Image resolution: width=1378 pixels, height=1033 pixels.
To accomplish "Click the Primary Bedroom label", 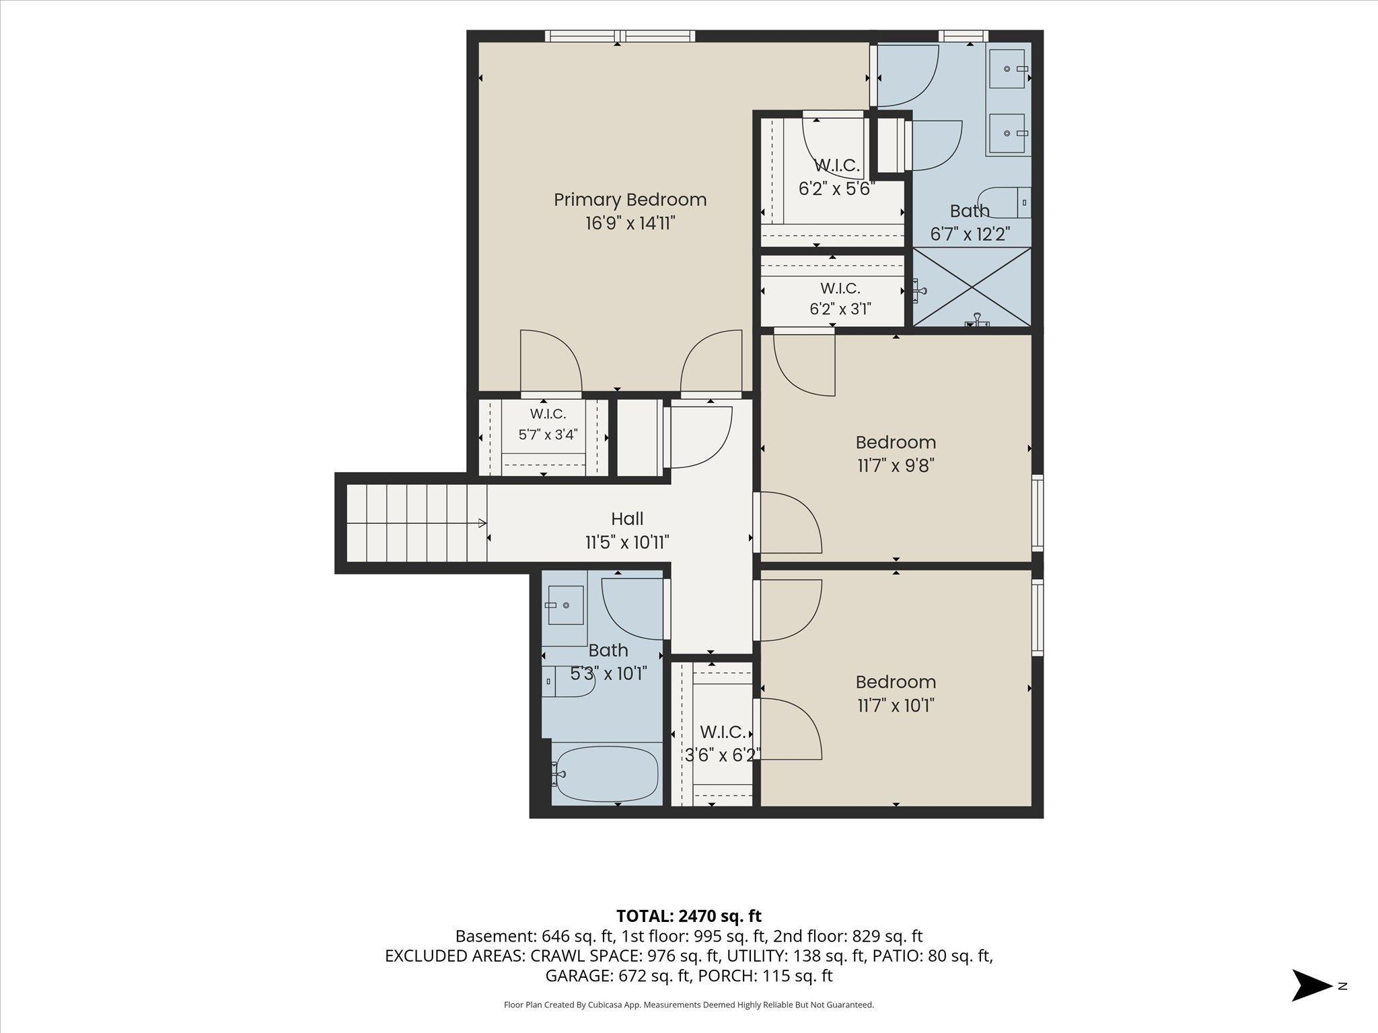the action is pos(630,200).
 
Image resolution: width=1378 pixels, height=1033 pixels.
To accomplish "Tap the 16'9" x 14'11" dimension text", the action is pos(630,223).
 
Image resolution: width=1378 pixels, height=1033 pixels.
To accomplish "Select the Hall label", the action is pos(627,519).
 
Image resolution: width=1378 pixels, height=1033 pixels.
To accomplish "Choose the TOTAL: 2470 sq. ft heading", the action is pos(689,915).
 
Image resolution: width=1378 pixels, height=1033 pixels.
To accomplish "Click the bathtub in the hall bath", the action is pos(607,774).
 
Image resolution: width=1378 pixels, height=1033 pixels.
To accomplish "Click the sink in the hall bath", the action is pos(565,605).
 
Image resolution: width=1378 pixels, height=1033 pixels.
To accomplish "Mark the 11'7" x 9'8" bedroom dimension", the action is pos(896,465).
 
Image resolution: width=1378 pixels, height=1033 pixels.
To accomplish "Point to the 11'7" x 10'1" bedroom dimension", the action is pos(896,705).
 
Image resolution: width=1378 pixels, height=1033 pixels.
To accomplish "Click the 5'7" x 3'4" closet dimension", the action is pos(548,434).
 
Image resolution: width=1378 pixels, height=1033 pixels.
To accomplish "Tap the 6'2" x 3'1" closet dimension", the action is pos(840,309).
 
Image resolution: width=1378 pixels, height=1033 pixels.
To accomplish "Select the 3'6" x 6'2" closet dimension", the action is pos(723,755).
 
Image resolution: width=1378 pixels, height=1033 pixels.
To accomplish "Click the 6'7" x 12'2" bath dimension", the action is pos(970,235).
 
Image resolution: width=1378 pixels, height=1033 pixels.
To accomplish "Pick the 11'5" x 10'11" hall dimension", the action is pos(627,542).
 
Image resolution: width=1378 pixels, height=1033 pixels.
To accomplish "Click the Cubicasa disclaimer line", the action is pos(689,1005).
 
